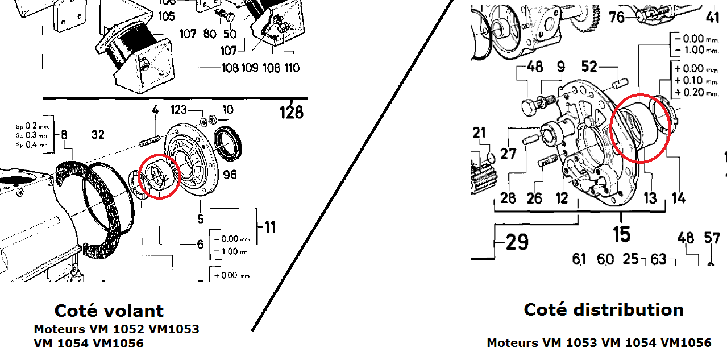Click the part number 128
pos(292,112)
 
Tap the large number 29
pos(517,243)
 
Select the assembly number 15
pos(621,233)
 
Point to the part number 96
pos(230,175)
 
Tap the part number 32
pos(98,135)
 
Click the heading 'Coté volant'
pos(109,311)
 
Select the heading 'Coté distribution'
pos(603,309)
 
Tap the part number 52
pos(589,67)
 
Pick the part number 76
pos(617,18)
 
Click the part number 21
pos(480,133)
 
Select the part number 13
pos(650,198)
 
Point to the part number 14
pos(678,198)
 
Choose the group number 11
pos(267,228)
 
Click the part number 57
pos(712,238)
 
